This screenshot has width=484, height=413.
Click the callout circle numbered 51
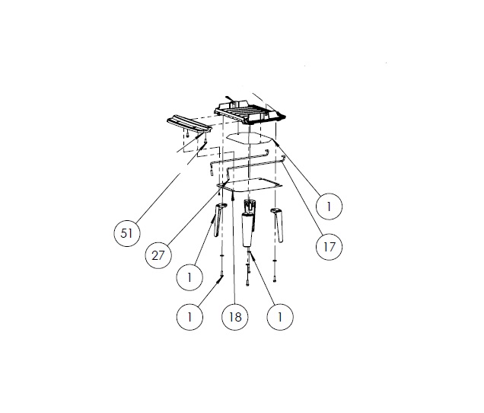click(x=127, y=232)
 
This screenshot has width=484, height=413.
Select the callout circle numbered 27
click(x=158, y=255)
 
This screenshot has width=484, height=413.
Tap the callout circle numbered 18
click(x=235, y=317)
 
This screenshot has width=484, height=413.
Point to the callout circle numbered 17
click(x=329, y=247)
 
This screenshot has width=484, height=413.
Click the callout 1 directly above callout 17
click(x=329, y=206)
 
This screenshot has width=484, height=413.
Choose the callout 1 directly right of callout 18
click(x=280, y=317)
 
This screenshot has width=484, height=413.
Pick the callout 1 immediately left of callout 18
click(x=189, y=317)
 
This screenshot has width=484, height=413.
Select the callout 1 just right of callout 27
click(x=189, y=277)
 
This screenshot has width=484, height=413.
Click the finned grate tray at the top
click(x=250, y=110)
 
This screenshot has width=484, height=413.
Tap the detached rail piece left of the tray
click(x=189, y=124)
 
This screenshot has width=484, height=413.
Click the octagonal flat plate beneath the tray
click(x=250, y=138)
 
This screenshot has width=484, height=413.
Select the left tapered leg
click(x=219, y=219)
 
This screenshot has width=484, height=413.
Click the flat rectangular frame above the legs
click(x=250, y=185)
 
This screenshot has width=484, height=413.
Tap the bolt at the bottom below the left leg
click(x=221, y=274)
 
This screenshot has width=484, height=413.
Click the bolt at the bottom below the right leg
click(x=275, y=279)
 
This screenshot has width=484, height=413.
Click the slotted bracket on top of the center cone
click(x=250, y=206)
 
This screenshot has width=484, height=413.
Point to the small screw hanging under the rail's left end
click(x=187, y=135)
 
